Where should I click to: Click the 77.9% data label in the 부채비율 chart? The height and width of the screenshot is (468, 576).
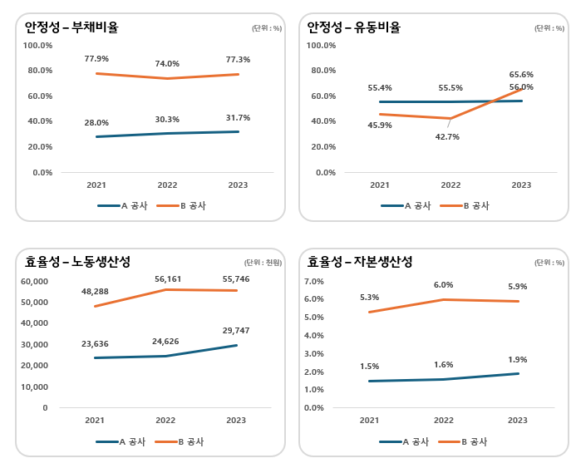(x=96, y=59)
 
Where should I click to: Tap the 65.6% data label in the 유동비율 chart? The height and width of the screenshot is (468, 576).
(x=521, y=75)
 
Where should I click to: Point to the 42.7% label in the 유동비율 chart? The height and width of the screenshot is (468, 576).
(x=447, y=137)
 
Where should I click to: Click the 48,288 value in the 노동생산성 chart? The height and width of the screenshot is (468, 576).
(x=96, y=293)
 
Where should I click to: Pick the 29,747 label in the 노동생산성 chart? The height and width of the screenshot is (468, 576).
(x=235, y=331)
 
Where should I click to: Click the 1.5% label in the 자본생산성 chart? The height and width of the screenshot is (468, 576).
(x=370, y=367)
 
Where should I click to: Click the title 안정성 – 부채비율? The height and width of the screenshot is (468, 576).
(x=71, y=27)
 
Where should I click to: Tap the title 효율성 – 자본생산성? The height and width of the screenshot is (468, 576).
(x=360, y=262)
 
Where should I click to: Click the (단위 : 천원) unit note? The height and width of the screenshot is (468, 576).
(x=263, y=263)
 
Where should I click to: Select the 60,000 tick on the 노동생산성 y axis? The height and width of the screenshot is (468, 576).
(x=34, y=281)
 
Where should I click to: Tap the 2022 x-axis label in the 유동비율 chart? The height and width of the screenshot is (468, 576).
(x=450, y=185)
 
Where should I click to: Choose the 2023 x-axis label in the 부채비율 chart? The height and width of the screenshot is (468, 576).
(x=238, y=185)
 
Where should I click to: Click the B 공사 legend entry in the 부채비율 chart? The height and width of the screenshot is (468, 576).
(x=182, y=205)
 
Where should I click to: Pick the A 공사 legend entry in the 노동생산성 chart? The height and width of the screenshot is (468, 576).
(x=121, y=442)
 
